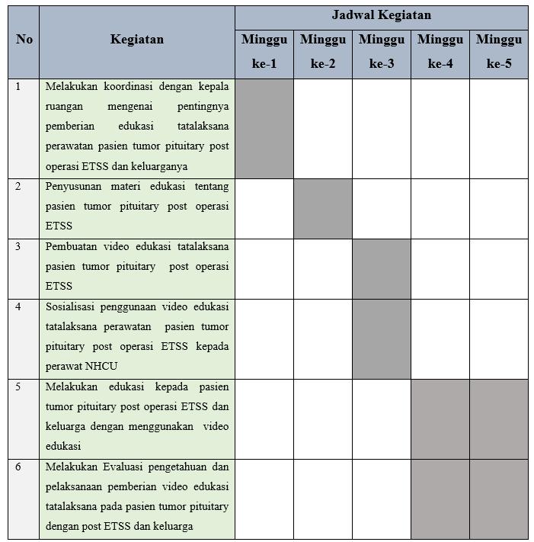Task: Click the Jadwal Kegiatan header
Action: point(381,15)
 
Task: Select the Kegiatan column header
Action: point(136,40)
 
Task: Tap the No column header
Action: point(24,40)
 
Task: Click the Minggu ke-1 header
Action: point(264,52)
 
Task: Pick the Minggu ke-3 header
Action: point(381,52)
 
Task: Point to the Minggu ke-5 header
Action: point(498,52)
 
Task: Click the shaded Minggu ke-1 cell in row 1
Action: point(264,128)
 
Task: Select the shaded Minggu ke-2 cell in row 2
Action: point(322,208)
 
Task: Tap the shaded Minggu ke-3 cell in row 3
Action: point(381,268)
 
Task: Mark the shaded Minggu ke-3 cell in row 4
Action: point(381,338)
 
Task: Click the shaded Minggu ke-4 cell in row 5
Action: point(440,419)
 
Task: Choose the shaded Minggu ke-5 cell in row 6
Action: point(498,499)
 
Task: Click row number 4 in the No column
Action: point(18,306)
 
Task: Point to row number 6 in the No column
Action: point(18,467)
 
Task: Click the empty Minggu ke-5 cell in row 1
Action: point(498,128)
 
